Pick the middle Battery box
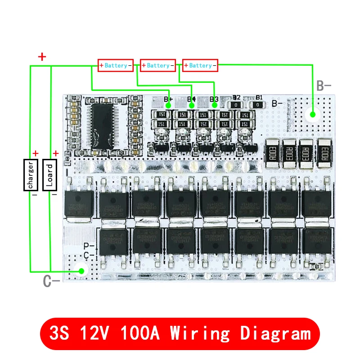158,65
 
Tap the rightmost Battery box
200,65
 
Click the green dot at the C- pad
82,271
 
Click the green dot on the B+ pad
168,105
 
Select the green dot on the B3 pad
215,105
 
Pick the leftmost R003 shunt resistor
272,153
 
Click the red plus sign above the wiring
42,57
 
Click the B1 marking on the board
259,97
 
